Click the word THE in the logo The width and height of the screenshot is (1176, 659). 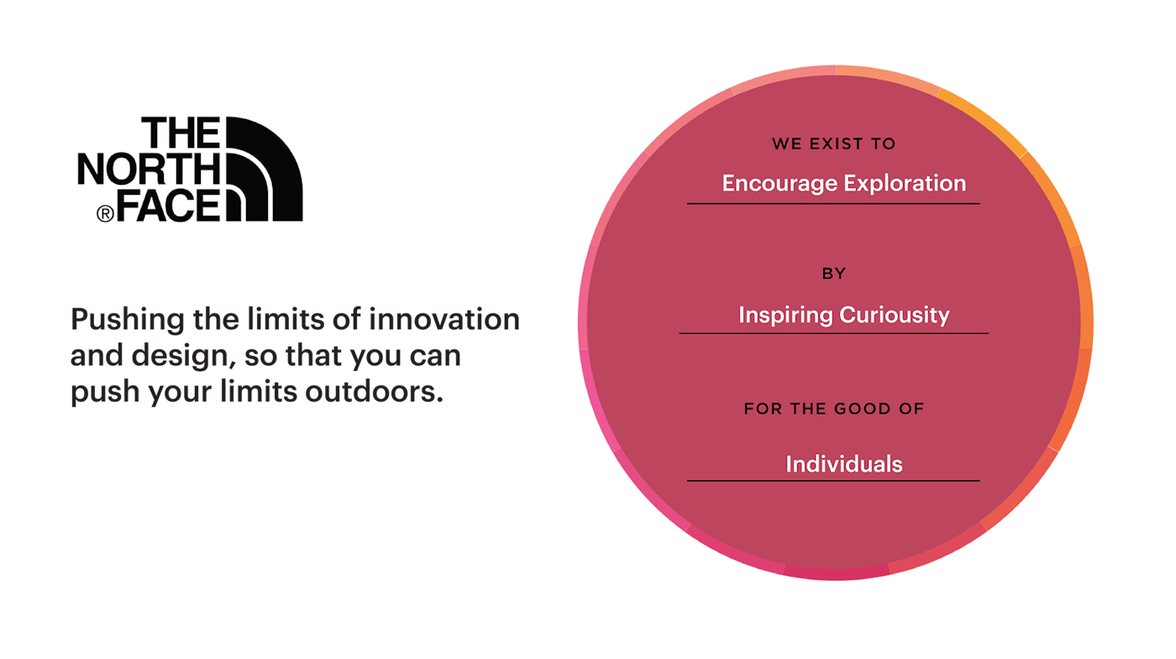181,133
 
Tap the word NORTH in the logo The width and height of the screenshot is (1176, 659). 150,169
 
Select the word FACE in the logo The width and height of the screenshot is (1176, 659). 168,205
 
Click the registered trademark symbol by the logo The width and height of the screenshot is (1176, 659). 105,213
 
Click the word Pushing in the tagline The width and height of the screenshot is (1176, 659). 128,321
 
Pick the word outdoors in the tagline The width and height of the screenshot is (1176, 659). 374,391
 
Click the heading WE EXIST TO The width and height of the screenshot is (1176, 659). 833,144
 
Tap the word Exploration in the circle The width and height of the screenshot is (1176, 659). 905,183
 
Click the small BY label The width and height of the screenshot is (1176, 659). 833,274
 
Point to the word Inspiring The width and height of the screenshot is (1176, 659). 785,316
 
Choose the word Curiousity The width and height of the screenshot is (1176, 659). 895,316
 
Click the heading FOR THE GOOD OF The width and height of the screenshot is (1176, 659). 833,409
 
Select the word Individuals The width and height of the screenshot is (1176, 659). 844,464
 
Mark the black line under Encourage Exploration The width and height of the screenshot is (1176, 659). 833,203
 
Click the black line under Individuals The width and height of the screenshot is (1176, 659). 833,480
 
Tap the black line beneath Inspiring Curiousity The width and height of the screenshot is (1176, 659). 833,333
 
